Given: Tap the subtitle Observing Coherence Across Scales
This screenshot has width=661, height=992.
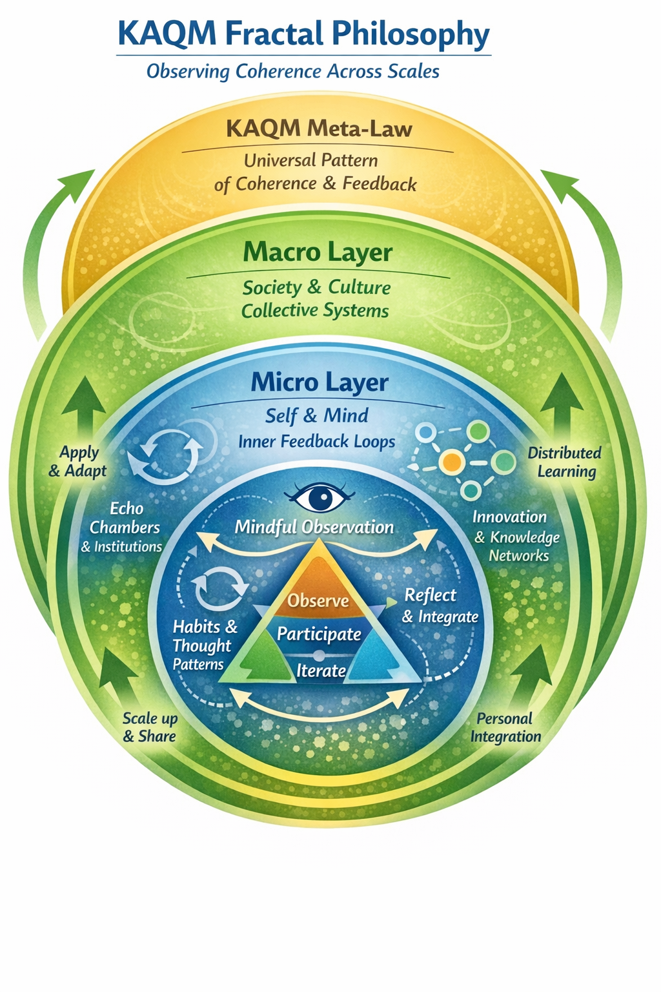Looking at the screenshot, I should coord(293,71).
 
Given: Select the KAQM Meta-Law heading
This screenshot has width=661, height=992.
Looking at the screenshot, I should coord(319,129).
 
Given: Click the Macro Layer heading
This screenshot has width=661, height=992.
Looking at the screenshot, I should coord(318,252).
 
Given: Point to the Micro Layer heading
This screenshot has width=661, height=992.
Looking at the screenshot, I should coord(320,382).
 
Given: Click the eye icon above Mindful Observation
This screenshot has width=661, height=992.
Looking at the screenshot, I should coord(320,498).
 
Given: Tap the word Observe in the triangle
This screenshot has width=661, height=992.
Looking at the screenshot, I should coord(318,601).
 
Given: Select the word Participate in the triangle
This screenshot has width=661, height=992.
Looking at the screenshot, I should coord(319,634).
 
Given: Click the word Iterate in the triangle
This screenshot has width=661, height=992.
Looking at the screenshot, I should coord(321,670).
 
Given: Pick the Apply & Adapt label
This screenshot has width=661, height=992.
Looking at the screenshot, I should coord(78,461).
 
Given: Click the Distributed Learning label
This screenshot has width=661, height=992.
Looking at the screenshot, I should coord(565,462).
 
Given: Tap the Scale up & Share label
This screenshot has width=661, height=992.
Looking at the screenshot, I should coord(150,727).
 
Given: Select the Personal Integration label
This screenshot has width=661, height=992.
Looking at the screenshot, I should coord(505,727).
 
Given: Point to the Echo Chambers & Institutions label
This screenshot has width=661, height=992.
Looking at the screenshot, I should coord(123,527).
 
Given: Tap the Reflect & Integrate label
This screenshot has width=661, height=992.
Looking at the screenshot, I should coord(440,606).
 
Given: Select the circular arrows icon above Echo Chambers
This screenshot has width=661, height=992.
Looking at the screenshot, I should coord(165,455).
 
